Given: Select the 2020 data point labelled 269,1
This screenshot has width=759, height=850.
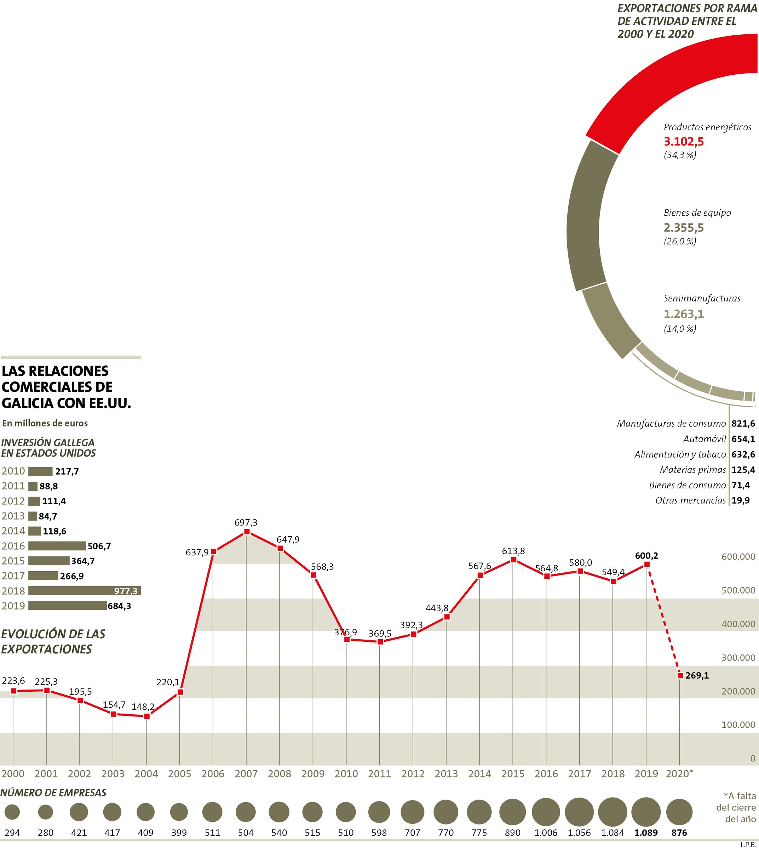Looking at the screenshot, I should coord(680,675).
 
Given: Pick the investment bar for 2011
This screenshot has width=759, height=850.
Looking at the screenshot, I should coord(33,486).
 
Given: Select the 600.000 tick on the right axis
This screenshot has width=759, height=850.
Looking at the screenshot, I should coord(738,557).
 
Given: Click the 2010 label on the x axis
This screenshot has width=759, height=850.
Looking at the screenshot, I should coord(346,774).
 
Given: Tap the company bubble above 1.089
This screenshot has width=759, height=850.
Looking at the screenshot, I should coord(646,812).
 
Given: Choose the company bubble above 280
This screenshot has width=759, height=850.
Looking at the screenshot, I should coord(45,812).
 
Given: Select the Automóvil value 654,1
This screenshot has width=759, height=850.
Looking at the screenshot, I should coord(743,439).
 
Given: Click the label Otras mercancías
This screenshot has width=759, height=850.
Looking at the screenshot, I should coord(691,500).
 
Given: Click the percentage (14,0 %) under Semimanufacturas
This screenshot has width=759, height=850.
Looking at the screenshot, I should coord(680,329).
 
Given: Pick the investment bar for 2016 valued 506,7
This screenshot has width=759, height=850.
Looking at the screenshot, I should coord(57,546).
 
